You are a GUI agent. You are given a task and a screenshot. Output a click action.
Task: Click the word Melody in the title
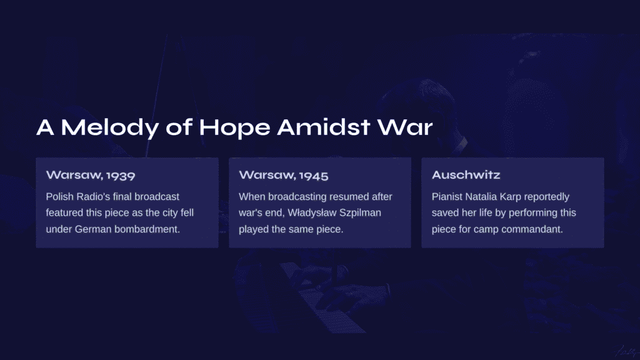110,127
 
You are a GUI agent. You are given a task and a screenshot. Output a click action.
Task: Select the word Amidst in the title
324,127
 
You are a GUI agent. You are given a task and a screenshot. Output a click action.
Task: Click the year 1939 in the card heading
121,176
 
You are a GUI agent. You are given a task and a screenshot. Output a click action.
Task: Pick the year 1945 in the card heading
314,176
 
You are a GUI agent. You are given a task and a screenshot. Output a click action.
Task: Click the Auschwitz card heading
466,175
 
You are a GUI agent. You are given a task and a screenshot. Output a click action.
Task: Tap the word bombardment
147,229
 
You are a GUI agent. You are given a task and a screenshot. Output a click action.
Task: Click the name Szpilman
360,213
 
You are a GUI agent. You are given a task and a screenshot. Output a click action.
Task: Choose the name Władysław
312,213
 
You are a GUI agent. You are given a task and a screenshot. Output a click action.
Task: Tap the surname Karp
511,197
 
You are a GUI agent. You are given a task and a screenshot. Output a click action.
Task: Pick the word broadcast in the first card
157,197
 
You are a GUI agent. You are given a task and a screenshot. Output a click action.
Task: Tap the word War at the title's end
405,127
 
